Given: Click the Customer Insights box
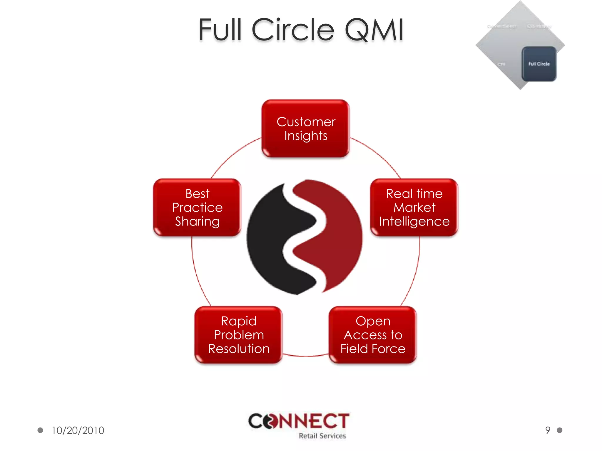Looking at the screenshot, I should click(305, 128).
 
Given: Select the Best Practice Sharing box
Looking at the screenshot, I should click(197, 207).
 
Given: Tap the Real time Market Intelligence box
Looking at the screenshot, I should click(414, 207).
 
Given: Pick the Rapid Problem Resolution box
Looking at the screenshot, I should click(238, 335).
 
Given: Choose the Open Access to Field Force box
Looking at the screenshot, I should click(373, 335).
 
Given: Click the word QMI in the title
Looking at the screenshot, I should click(374, 30).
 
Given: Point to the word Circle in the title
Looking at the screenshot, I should click(293, 30).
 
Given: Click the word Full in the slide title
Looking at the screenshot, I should click(220, 30).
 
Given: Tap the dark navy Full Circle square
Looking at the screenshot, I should click(539, 64).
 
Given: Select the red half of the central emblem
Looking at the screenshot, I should click(338, 235).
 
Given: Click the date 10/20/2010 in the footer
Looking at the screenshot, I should click(78, 430).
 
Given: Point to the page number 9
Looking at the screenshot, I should click(548, 430).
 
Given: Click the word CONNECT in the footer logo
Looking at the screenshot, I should click(299, 421).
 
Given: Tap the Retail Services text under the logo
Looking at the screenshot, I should click(322, 436).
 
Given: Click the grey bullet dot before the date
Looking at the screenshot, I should click(40, 430).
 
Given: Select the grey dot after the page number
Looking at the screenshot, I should click(560, 430).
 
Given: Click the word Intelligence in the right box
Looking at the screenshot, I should click(414, 221).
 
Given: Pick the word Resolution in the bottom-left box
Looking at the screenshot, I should click(239, 349).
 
